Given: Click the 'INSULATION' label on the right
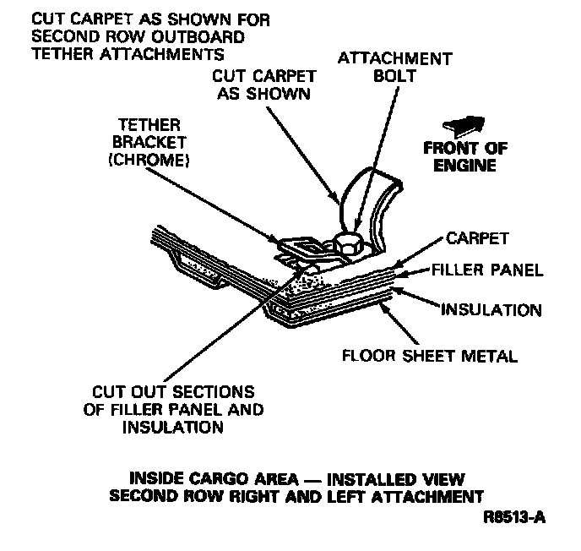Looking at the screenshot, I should tap(493, 310).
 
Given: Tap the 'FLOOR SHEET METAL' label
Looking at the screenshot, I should tap(429, 355).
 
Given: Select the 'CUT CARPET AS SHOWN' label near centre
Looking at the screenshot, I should tap(263, 85).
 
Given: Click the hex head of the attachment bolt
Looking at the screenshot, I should tap(348, 243).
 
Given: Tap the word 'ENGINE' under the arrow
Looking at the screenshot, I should tap(465, 166).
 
